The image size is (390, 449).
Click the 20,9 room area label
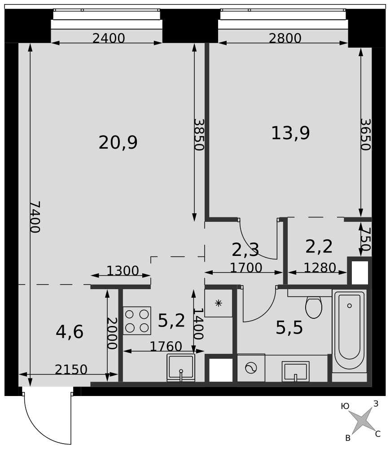[118, 143]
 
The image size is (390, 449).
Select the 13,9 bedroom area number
[290, 133]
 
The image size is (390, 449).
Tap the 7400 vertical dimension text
[35, 217]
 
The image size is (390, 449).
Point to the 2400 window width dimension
[109, 38]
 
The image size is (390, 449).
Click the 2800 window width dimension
[285, 38]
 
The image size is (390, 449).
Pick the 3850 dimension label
[198, 135]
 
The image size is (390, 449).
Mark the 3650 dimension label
[365, 135]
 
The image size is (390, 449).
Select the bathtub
[349, 331]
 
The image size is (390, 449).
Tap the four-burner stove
[137, 321]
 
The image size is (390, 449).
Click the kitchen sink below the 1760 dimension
[181, 368]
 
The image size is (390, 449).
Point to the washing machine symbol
[251, 368]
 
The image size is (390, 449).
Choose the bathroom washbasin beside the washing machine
[296, 371]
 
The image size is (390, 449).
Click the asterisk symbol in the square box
[218, 303]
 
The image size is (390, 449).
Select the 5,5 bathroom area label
[289, 328]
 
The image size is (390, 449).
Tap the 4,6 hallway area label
[70, 332]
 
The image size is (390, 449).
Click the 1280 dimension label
[320, 268]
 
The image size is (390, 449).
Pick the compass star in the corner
[362, 420]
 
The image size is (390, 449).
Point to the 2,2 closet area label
[319, 247]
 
